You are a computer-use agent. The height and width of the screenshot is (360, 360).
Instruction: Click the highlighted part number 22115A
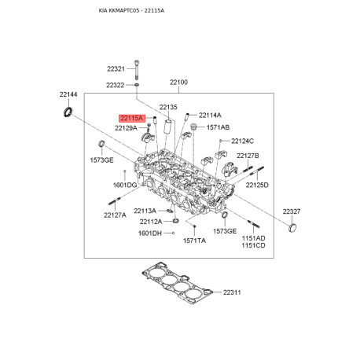(x=132, y=119)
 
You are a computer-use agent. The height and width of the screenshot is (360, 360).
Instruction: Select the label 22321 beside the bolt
(x=116, y=69)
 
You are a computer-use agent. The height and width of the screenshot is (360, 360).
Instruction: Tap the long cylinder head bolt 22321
(x=136, y=70)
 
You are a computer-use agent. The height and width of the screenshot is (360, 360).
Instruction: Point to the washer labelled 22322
(x=137, y=85)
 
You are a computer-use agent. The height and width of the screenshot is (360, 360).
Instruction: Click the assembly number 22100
(x=178, y=83)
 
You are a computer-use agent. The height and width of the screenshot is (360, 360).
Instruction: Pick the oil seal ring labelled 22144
(x=68, y=112)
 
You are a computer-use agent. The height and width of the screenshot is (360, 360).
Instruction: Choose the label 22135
(x=168, y=107)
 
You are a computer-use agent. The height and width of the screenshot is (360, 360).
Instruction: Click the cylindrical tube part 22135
(x=167, y=127)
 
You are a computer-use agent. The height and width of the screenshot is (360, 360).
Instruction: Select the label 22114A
(x=210, y=115)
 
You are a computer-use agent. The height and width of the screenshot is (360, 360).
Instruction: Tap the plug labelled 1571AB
(x=193, y=127)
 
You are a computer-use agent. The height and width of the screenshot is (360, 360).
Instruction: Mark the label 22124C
(x=242, y=141)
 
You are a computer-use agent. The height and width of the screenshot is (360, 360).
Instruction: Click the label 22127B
(x=248, y=156)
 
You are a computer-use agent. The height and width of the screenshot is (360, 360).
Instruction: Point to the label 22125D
(x=257, y=185)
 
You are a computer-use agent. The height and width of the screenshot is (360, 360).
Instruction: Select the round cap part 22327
(x=293, y=228)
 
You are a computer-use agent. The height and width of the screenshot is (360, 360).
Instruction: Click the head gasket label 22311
(x=232, y=292)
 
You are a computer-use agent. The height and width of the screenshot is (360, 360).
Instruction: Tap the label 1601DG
(x=125, y=185)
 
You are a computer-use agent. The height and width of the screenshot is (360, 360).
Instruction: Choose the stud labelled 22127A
(x=114, y=201)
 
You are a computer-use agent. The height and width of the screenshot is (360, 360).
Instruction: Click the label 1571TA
(x=194, y=241)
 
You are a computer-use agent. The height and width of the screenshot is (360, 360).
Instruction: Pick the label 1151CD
(x=253, y=245)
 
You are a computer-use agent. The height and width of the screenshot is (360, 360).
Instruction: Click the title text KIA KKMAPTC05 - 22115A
(x=131, y=10)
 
